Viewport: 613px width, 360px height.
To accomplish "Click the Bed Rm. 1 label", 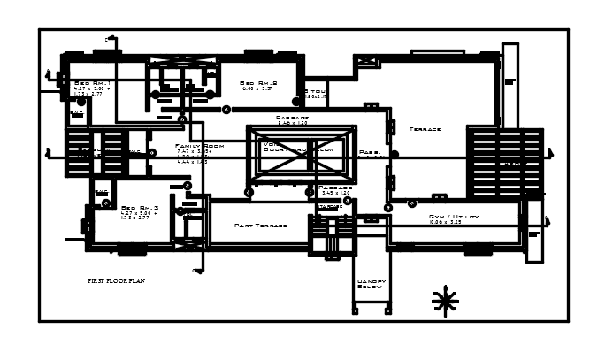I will (90, 82).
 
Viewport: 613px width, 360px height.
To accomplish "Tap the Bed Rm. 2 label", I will (259, 82).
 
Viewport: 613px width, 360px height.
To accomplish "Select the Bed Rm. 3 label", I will (139, 207).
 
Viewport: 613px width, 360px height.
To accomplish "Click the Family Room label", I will (199, 145).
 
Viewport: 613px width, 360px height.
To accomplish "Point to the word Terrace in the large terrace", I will (425, 129).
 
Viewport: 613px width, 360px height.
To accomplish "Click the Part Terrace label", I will (261, 226).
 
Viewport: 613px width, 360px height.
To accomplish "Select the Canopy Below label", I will (372, 284).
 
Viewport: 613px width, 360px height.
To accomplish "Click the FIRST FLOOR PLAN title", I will (116, 280).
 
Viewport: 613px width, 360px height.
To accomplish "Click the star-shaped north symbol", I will (445, 302).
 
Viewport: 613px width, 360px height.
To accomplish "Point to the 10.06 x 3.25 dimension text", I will (445, 223).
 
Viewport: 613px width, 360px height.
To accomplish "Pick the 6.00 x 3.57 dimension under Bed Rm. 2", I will (257, 89).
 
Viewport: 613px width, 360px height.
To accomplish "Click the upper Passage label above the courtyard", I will (292, 118).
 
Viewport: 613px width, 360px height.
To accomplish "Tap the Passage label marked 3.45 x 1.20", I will (335, 188).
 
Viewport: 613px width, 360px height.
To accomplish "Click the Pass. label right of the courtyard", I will (370, 152).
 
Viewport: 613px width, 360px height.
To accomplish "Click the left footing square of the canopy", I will (356, 310).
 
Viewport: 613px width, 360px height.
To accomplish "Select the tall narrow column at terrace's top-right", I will (510, 84).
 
